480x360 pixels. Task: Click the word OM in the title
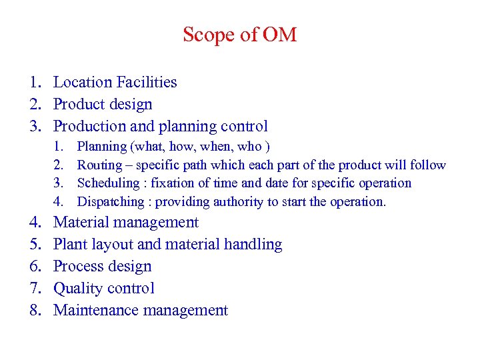click(280, 35)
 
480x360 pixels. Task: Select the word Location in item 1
click(83, 83)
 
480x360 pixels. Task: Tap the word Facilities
click(147, 83)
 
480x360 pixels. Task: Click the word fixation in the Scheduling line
click(173, 183)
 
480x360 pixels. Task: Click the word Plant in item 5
click(69, 245)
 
